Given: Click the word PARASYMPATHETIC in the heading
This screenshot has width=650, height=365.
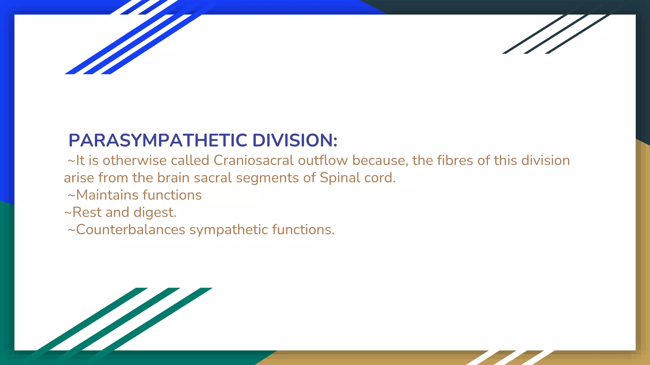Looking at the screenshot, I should (x=158, y=140).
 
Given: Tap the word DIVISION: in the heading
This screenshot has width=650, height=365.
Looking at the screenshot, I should (x=295, y=140).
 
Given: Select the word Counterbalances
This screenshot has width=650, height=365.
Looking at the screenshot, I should (x=130, y=230).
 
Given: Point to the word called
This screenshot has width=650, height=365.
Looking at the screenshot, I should (x=190, y=160).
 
